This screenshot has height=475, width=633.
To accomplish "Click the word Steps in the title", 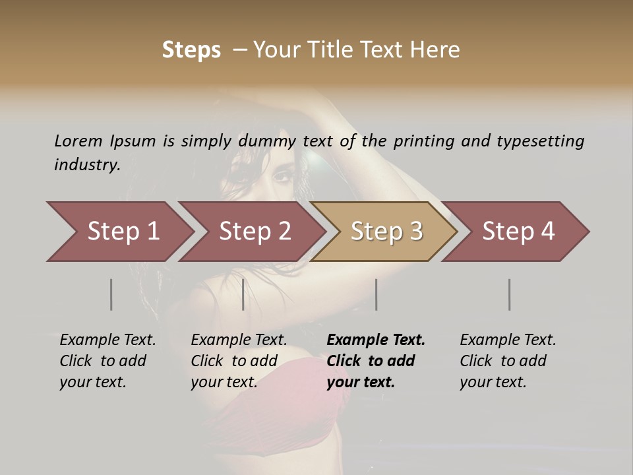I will click(191, 50).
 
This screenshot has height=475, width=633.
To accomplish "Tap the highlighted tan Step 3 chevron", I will click(386, 232).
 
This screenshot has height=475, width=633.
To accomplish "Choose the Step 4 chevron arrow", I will click(518, 232).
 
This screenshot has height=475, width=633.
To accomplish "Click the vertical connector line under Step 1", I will click(111, 294).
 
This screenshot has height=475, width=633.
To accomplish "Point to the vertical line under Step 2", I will click(243, 294).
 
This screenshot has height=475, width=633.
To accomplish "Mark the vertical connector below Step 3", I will click(377, 294).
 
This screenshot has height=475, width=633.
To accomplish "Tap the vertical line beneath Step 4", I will click(510, 294).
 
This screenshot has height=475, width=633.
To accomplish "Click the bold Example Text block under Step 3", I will click(376, 361).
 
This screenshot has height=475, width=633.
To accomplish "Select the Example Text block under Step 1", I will click(107, 361).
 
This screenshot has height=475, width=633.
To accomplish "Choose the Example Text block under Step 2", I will click(239, 361).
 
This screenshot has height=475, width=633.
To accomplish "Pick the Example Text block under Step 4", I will click(508, 361).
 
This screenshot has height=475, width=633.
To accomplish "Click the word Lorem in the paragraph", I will click(78, 141).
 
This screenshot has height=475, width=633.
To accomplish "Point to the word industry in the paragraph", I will click(87, 165).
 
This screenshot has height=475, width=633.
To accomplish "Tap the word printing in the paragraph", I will click(423, 141).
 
